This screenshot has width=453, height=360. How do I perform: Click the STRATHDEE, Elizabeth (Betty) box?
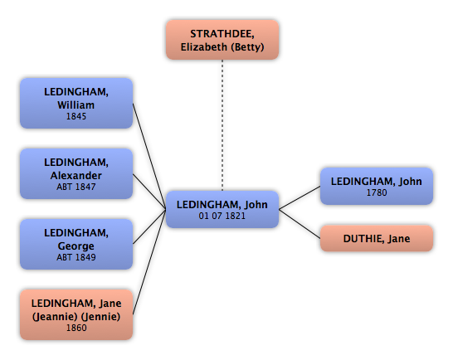tap(222, 40)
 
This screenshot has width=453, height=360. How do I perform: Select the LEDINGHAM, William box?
tap(76, 103)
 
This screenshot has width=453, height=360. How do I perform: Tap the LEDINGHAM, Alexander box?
tap(76, 173)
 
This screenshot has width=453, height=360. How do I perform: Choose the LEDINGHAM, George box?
tap(76, 244)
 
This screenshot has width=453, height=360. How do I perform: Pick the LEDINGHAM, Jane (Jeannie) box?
tap(76, 314)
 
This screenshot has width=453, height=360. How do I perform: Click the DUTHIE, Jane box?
tap(377, 238)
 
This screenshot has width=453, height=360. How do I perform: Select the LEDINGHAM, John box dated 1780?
tap(377, 186)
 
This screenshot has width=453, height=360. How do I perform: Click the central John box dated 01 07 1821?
tap(222, 210)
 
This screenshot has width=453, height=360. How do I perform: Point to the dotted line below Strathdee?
tap(222, 125)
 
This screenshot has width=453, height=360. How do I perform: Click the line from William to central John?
tap(149, 156)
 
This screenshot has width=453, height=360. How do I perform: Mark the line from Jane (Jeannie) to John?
tap(149, 262)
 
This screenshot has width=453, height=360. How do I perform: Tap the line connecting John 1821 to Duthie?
tap(300, 224)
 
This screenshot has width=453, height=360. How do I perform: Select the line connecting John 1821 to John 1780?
tap(300, 197)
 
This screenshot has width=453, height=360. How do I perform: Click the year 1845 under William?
tap(76, 116)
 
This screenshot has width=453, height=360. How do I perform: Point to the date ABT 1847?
tap(76, 187)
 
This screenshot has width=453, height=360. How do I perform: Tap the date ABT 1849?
tap(76, 257)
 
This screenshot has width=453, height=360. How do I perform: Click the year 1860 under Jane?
tap(76, 328)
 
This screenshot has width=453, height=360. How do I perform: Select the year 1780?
tap(377, 192)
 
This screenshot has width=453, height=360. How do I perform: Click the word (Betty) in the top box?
tap(249, 47)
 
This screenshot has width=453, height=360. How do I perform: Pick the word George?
tap(76, 246)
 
